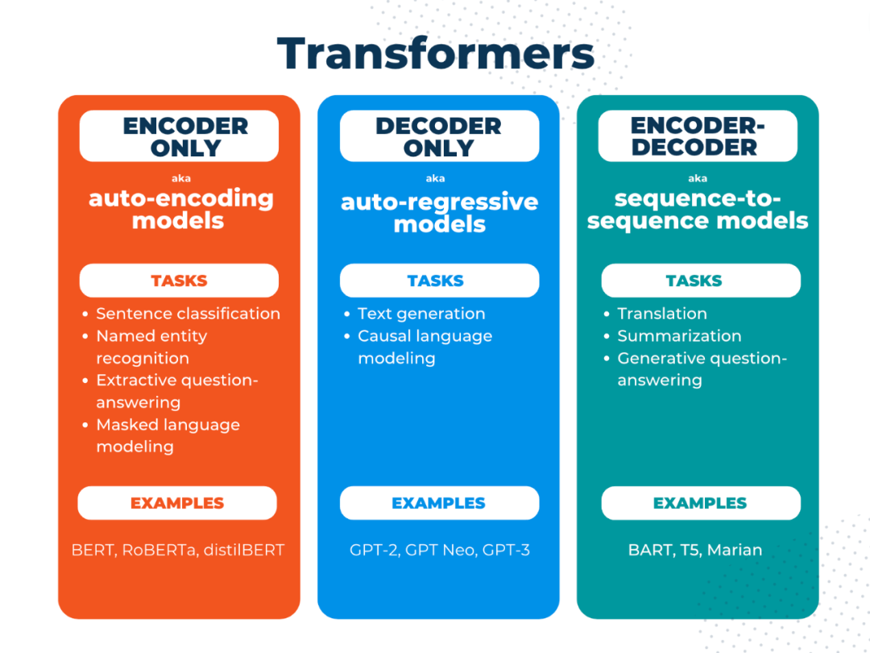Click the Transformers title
click(435, 54)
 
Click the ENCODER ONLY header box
click(179, 137)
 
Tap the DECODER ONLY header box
click(439, 137)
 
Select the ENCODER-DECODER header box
click(698, 136)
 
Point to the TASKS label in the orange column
click(179, 281)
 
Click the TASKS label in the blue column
click(436, 281)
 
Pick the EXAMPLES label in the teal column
click(700, 503)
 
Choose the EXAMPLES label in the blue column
click(439, 503)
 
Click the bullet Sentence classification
click(188, 314)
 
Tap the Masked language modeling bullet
click(168, 435)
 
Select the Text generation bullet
click(421, 314)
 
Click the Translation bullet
click(662, 314)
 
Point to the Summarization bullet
click(679, 336)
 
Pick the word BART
click(649, 551)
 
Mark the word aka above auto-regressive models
click(435, 178)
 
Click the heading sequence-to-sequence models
click(698, 210)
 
